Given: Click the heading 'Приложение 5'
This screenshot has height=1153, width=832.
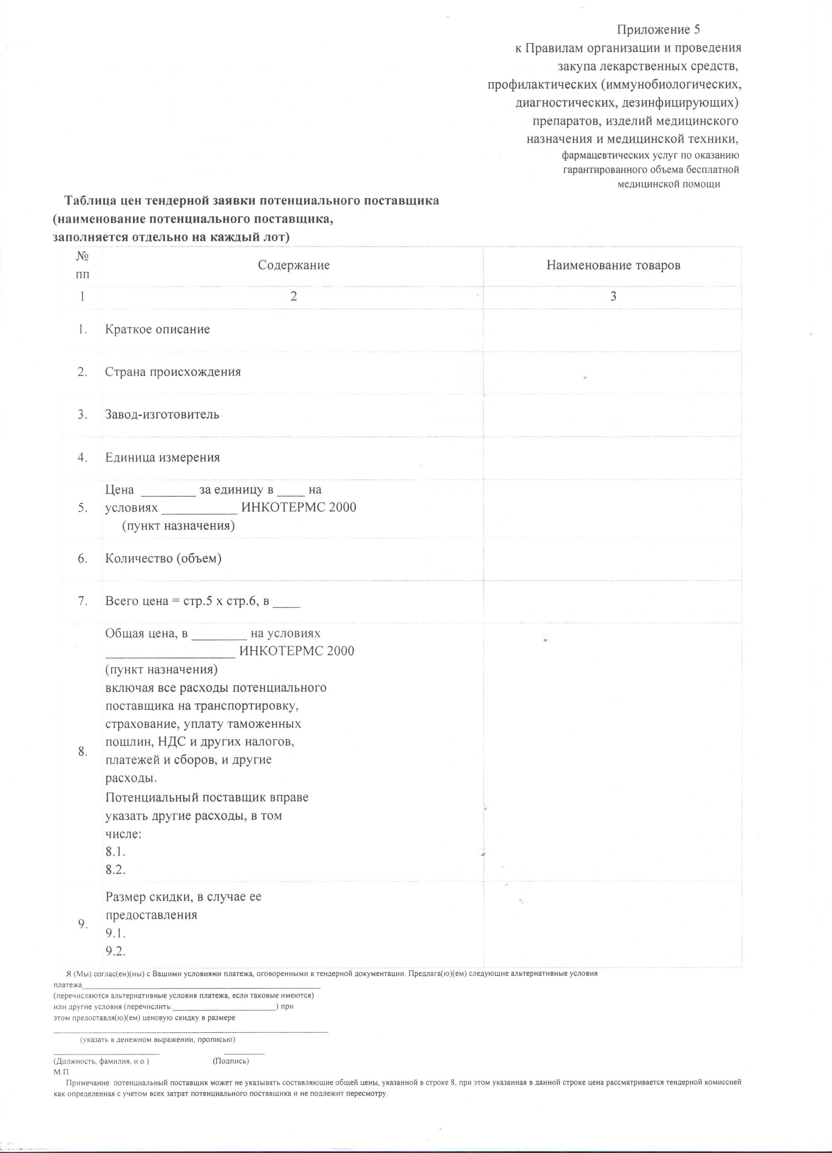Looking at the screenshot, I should [x=658, y=30].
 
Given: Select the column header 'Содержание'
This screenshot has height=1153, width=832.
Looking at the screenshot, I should [x=294, y=265].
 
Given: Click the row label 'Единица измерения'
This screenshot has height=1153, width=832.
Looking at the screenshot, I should [x=162, y=457].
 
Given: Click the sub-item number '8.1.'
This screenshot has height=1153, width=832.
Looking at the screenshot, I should [x=116, y=852].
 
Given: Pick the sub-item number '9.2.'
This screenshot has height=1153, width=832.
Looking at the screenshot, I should [x=116, y=952].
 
